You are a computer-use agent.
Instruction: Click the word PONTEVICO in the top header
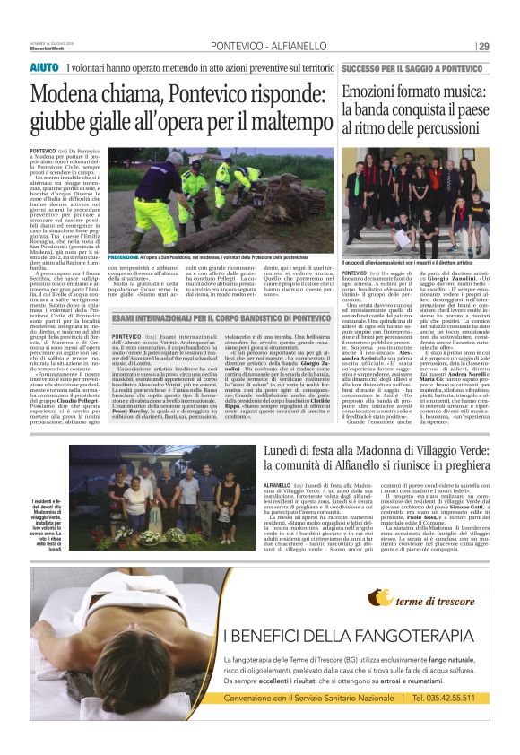pos(235,47)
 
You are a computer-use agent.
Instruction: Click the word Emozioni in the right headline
pos(376,93)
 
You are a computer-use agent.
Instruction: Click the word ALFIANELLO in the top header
pos(297,47)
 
